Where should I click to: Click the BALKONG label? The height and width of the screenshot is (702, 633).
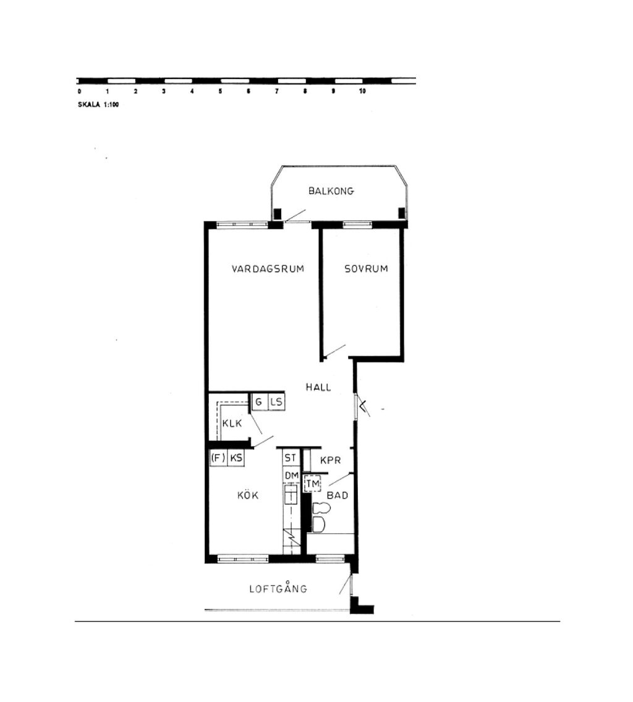(x=331, y=191)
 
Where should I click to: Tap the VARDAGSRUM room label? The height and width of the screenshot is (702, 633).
(x=268, y=269)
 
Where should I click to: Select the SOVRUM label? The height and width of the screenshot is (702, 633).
(x=366, y=268)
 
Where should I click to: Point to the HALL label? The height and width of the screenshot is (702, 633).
(x=318, y=387)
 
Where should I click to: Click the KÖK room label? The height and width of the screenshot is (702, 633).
(x=248, y=495)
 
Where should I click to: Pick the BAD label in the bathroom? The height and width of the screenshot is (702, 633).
(x=338, y=495)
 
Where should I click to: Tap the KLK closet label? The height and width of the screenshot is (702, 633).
(x=232, y=424)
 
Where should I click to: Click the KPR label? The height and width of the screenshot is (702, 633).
(x=331, y=460)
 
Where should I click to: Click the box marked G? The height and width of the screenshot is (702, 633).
(x=260, y=401)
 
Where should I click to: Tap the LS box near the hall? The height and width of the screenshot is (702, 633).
(x=276, y=401)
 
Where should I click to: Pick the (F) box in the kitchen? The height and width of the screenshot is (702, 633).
(x=218, y=458)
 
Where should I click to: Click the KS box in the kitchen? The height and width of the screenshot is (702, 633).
(x=236, y=458)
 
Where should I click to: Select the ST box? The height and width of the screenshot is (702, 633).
(x=291, y=458)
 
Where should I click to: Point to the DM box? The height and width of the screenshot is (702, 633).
(x=292, y=476)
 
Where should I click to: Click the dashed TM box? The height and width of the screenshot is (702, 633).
(x=313, y=484)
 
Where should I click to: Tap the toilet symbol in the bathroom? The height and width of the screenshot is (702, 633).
(x=320, y=517)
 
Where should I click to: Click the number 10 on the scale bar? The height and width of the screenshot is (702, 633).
(x=362, y=92)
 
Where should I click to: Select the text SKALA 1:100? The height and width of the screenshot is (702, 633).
(x=98, y=105)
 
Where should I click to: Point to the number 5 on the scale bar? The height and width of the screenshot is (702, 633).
(x=220, y=92)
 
